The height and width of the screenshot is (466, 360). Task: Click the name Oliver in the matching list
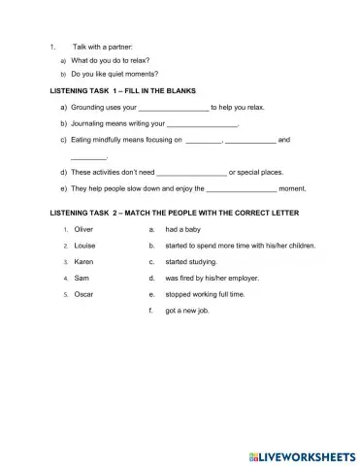point(83,230)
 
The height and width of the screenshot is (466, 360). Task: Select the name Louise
point(84,247)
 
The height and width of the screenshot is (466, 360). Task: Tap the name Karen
point(83,262)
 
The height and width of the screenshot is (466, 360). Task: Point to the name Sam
point(82,278)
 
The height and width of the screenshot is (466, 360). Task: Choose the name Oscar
point(83,293)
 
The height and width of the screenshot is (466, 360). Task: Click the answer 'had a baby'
point(184,230)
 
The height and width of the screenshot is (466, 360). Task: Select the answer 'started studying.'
point(192,262)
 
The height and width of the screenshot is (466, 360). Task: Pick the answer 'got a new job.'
point(187,310)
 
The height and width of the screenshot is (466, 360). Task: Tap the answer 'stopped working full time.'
point(206,293)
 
